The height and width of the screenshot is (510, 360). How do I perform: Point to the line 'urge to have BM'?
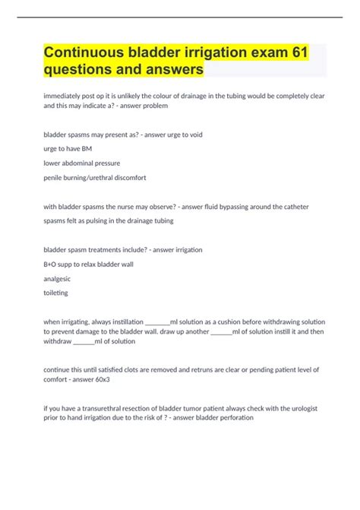click(x=72, y=148)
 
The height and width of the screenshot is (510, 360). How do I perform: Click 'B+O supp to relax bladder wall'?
click(x=95, y=264)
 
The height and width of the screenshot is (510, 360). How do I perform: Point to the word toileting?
click(x=56, y=293)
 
